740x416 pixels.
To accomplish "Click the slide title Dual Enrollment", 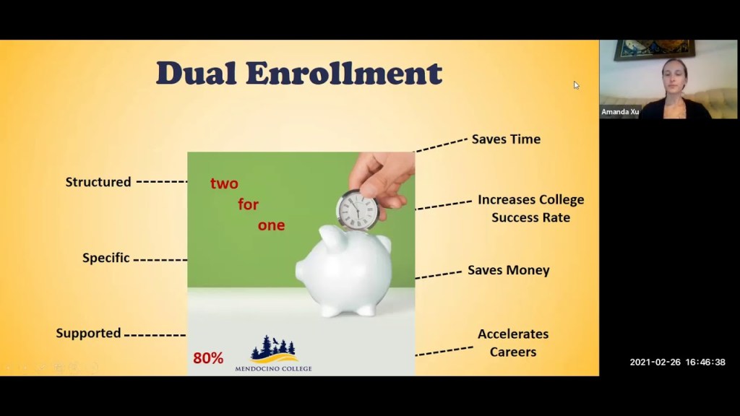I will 298,74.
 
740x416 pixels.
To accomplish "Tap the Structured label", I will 98,182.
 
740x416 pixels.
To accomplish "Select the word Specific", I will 106,258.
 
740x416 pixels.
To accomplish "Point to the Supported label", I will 88,333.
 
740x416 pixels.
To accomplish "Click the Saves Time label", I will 506,139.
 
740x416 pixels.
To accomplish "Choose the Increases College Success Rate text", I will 530,208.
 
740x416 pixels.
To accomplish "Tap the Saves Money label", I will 508,270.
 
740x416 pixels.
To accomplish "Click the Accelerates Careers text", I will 513,342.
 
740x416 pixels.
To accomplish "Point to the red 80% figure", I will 208,357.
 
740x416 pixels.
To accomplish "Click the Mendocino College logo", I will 273,353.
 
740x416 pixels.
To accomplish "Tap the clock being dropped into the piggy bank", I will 358,210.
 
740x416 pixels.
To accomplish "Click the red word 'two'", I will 224,183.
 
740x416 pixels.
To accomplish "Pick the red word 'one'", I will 271,225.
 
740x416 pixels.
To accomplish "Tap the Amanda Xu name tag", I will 620,112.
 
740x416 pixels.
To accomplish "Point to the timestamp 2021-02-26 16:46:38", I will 677,362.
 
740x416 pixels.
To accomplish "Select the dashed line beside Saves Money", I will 438,274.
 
